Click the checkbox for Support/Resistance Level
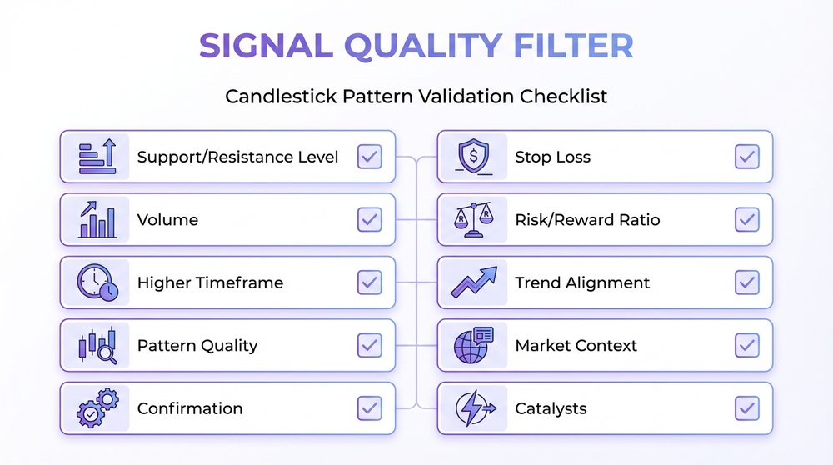tap(369, 157)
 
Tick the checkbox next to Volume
tap(369, 220)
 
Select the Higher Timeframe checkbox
tap(369, 282)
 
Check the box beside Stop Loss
tap(747, 157)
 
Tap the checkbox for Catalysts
tap(747, 408)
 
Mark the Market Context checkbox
tap(747, 345)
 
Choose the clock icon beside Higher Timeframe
tap(96, 282)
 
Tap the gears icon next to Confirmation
tap(96, 408)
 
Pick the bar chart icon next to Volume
tap(96, 220)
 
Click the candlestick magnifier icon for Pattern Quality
tap(96, 345)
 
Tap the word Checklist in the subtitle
tap(564, 96)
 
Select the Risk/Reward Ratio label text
tap(587, 220)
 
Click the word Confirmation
tap(190, 408)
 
